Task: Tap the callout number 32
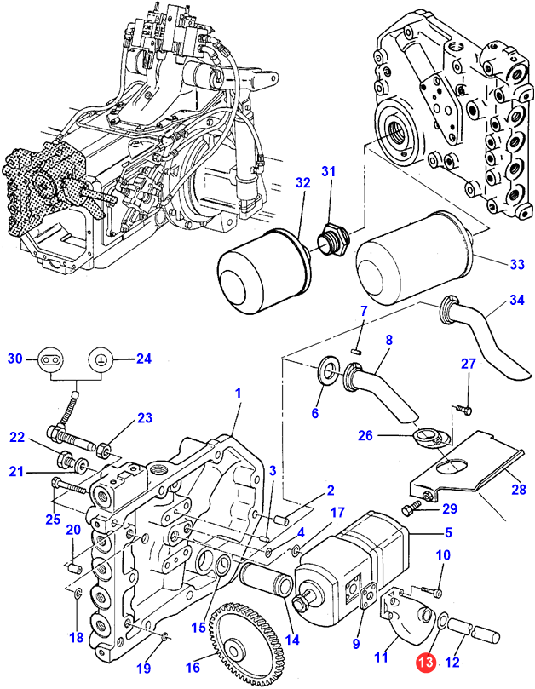pyautogui.click(x=303, y=183)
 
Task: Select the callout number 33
pyautogui.click(x=517, y=264)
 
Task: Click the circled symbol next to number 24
pyautogui.click(x=101, y=359)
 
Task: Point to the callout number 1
pyautogui.click(x=239, y=393)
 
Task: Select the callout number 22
pyautogui.click(x=18, y=437)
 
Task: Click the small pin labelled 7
pyautogui.click(x=358, y=344)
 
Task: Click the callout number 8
pyautogui.click(x=388, y=340)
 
